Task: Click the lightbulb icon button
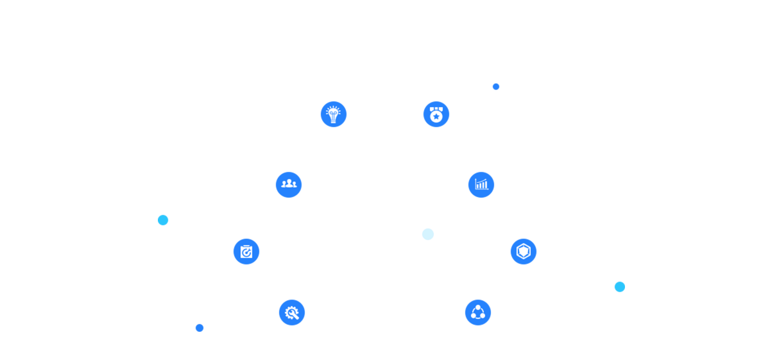coord(334,114)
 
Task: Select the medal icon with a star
coord(436,114)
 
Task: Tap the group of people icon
coord(289,185)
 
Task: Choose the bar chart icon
coord(481,185)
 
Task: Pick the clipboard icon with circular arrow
coord(246,252)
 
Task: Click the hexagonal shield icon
coord(524,252)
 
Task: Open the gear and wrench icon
coord(292,313)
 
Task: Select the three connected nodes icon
coord(478,313)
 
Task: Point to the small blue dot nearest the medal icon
coord(496,87)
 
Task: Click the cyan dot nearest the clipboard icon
coord(163,220)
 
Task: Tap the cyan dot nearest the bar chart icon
coord(428,234)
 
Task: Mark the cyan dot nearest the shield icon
coord(619,287)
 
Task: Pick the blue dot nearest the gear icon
coord(200,328)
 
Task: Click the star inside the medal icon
coord(436,117)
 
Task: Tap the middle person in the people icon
coord(289,184)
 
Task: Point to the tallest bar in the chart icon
coord(486,184)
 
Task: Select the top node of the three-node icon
coord(478,307)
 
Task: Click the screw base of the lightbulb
coord(334,120)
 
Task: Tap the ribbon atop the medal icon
coord(436,109)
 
